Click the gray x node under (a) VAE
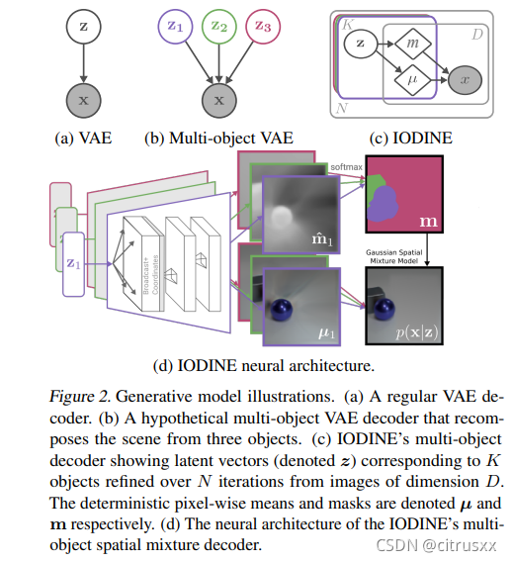tap(83, 101)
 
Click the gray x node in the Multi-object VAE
tap(220, 101)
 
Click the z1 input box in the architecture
tap(74, 264)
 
